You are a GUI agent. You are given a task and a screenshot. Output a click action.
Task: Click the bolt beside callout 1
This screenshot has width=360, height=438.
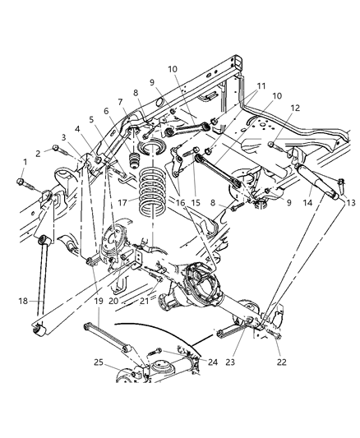pyautogui.click(x=20, y=179)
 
